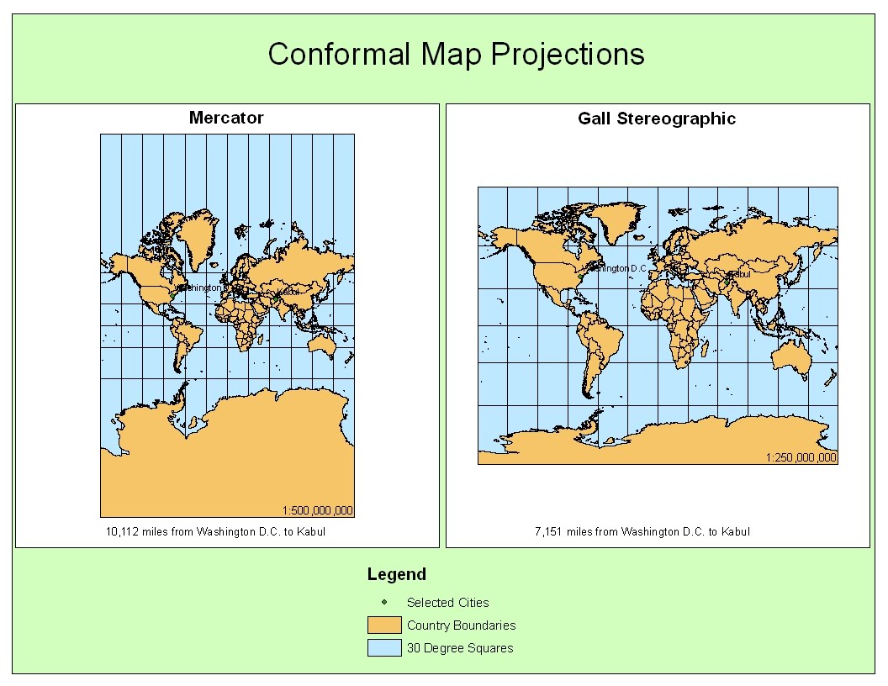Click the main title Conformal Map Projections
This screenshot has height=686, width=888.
pos(456,55)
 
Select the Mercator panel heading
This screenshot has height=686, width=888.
pos(226,118)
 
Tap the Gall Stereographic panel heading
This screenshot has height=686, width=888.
pos(657,119)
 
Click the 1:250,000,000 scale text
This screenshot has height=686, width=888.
pos(801,457)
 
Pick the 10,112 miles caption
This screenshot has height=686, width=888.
pos(215,531)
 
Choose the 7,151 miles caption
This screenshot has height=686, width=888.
pos(642,531)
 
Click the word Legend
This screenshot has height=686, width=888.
pos(397,575)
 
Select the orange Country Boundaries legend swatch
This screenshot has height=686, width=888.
pos(383,625)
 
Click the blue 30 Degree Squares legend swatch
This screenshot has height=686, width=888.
pos(383,647)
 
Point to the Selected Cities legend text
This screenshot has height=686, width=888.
pos(447,602)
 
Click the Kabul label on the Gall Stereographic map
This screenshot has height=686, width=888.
pos(739,273)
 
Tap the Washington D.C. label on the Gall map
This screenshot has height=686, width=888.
pos(618,268)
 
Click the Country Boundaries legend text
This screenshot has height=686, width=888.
pos(461,625)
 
